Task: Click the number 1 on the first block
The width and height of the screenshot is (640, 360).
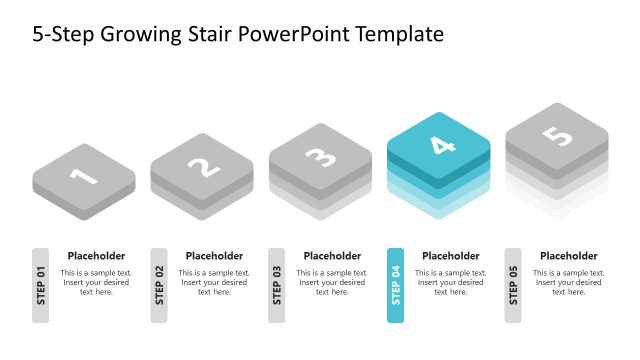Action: [x=83, y=176]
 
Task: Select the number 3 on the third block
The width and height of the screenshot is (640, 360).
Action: [x=320, y=156]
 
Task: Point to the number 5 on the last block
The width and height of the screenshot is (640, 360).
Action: [x=556, y=135]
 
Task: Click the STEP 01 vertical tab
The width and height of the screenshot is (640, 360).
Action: [x=40, y=285]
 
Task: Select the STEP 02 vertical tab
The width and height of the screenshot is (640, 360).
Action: [x=159, y=285]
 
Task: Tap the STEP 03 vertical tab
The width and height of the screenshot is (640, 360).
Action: [x=277, y=285]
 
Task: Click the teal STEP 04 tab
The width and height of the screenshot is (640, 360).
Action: [x=395, y=285]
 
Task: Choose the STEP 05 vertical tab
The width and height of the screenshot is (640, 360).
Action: [x=513, y=285]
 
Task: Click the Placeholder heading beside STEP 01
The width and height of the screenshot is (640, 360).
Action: [x=96, y=256]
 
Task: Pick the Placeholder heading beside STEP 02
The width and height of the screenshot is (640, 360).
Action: [x=214, y=256]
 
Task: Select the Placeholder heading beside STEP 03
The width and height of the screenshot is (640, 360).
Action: [x=332, y=256]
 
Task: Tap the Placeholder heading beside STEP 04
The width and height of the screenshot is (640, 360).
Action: [x=450, y=256]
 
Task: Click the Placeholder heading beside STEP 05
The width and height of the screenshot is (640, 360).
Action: [x=569, y=256]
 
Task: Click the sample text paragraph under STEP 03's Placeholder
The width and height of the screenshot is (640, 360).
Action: [x=332, y=282]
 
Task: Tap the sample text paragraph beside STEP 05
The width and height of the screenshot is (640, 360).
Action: [x=569, y=282]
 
